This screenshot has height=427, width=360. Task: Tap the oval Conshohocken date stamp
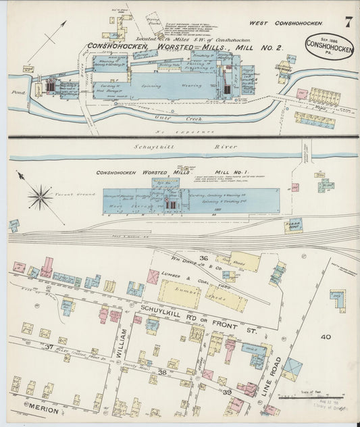pyautogui.click(x=329, y=45)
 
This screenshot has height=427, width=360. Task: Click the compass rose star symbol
pyautogui.click(x=40, y=197)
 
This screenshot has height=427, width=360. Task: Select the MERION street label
pyautogui.click(x=45, y=408)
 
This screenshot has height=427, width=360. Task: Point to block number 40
pyautogui.click(x=326, y=336)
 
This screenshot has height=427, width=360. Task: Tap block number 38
pyautogui.click(x=162, y=372)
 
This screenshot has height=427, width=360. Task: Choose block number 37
pyautogui.click(x=49, y=347)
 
